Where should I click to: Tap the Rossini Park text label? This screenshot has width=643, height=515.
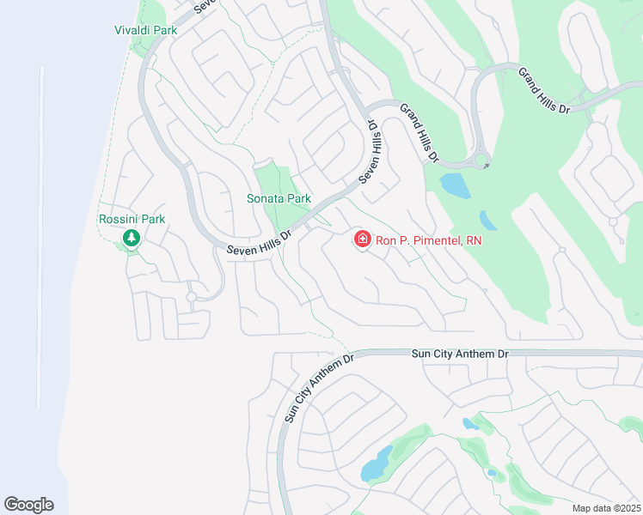[132, 220]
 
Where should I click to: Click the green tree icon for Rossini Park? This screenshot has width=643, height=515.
[132, 237]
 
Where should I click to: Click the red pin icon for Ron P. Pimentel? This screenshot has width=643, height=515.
[363, 239]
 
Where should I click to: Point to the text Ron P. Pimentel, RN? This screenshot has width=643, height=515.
[429, 240]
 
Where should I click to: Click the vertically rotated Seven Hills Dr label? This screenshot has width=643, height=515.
[374, 149]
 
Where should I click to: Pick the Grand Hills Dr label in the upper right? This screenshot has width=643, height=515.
[544, 91]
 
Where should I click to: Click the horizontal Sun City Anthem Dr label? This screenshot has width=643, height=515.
[460, 353]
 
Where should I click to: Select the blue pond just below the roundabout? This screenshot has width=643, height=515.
[455, 185]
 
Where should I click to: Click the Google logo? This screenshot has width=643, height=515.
[28, 505]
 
